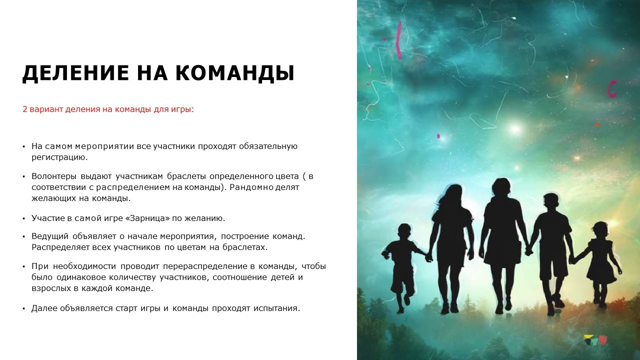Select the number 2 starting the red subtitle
click(25, 108)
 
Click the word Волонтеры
click(53, 176)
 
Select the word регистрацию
click(59, 157)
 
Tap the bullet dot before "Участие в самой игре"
click(23, 219)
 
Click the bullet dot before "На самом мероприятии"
click(23, 147)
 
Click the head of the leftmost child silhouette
click(404, 233)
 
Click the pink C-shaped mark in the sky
click(611, 88)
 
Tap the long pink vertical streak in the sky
click(398, 40)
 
